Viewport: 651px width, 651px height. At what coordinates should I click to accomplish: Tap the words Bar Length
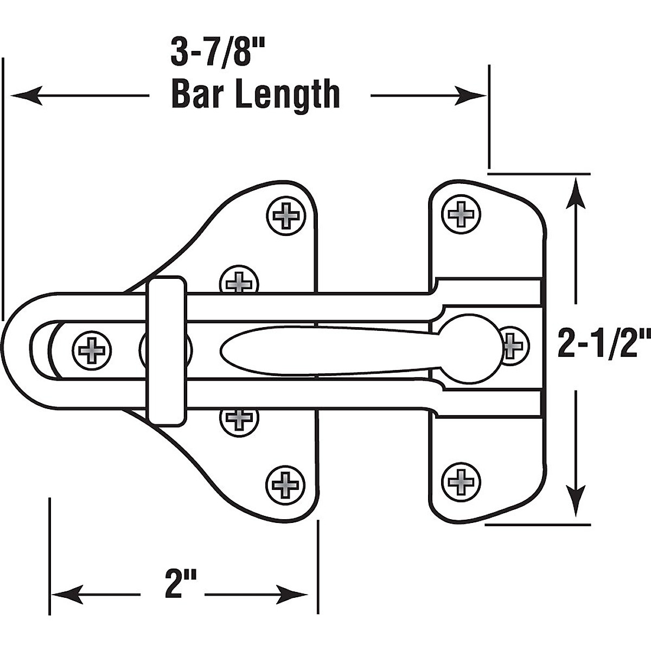(256, 95)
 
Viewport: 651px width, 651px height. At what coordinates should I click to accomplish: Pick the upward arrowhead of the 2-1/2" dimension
(575, 195)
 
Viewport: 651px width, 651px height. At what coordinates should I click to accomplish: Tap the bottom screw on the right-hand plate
(461, 480)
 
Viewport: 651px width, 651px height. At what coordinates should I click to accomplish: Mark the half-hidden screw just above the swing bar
(239, 280)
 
